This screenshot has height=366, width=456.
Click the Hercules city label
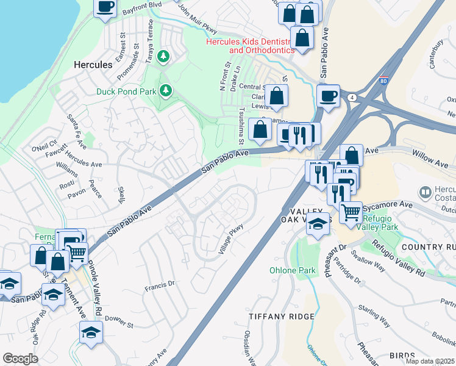(x=93, y=64)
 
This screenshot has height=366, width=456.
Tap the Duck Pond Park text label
(x=126, y=91)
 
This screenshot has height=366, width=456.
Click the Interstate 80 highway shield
(x=383, y=80)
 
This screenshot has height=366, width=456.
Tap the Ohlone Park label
(x=284, y=270)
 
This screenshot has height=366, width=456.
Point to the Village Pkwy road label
(x=230, y=237)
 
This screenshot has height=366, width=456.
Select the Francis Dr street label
(x=160, y=284)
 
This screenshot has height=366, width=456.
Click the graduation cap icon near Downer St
(x=91, y=332)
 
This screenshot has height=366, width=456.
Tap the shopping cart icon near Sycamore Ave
(x=351, y=212)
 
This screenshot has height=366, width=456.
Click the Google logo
(x=20, y=359)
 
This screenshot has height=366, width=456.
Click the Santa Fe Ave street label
(x=77, y=126)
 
